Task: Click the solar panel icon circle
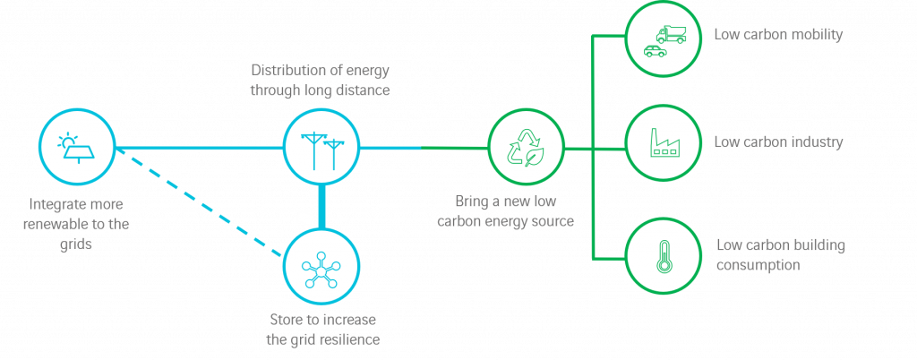point(77,148)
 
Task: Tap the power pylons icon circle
point(321,147)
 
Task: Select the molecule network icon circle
point(321,266)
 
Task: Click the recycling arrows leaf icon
point(527,148)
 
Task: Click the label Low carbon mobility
point(778,35)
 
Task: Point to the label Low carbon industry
point(778,142)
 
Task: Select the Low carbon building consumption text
point(781,254)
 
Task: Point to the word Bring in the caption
point(473,201)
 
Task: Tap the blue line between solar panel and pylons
point(197,148)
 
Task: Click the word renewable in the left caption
point(61,223)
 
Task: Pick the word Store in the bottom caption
point(287,320)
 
